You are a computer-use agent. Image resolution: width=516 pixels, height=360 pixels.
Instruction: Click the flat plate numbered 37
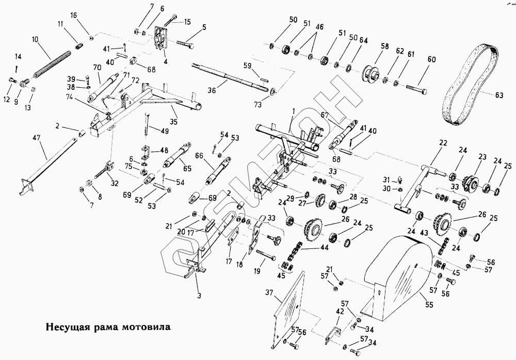pos(289,312)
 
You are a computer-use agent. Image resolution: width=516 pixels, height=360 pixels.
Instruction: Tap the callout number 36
pos(212,90)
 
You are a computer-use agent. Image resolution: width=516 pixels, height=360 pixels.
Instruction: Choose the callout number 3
pos(198,296)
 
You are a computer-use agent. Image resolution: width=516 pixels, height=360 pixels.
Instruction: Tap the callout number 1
pos(293,111)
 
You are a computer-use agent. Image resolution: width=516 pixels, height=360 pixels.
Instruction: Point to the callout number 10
pos(35,39)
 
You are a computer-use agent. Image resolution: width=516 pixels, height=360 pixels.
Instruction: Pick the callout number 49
pos(165,131)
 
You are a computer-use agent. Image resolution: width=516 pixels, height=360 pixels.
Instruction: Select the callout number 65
pos(187,169)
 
